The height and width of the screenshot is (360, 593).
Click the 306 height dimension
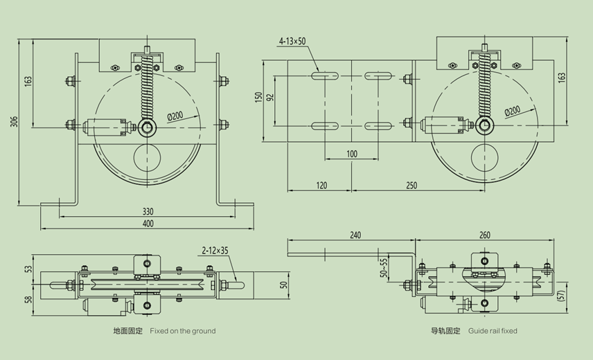pyautogui.click(x=12, y=122)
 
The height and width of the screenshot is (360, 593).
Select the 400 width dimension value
pyautogui.click(x=148, y=224)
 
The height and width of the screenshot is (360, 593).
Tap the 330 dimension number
pyautogui.click(x=148, y=211)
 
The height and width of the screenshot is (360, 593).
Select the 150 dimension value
pyautogui.click(x=259, y=98)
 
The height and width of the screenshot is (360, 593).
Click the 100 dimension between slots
pyautogui.click(x=352, y=153)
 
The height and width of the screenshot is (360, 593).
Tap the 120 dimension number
pyautogui.click(x=321, y=186)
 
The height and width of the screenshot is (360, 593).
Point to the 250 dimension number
pyautogui.click(x=412, y=186)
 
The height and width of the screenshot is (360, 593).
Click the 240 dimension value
pyautogui.click(x=355, y=235)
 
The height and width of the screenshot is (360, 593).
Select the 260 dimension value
pyautogui.click(x=484, y=235)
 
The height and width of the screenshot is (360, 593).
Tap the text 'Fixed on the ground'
pyautogui.click(x=183, y=331)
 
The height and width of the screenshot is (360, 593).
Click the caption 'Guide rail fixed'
pyautogui.click(x=492, y=331)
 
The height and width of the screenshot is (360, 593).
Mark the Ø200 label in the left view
pyautogui.click(x=175, y=116)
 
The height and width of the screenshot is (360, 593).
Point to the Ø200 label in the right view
pyautogui.click(x=512, y=111)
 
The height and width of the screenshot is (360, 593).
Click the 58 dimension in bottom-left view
pyautogui.click(x=28, y=299)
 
